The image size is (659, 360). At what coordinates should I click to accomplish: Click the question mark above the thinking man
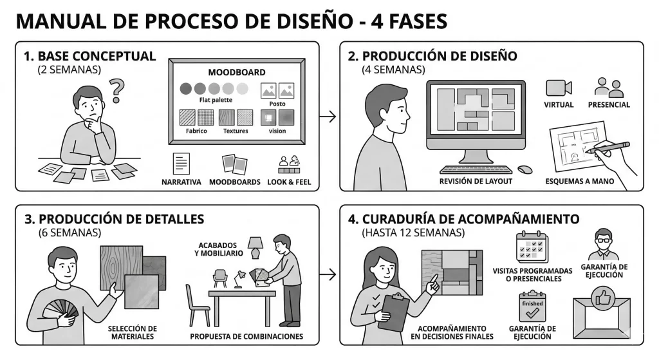[116, 91]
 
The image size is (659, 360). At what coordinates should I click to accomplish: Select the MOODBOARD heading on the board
[236, 73]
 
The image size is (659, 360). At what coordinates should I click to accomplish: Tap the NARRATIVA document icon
[181, 163]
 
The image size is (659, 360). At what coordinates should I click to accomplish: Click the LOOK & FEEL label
[290, 182]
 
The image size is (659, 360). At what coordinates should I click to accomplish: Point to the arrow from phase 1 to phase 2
[328, 117]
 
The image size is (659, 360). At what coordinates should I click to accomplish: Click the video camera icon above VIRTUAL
[558, 88]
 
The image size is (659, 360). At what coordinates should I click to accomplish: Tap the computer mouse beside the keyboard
[524, 170]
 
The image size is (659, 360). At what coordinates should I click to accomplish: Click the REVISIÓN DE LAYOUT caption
[476, 182]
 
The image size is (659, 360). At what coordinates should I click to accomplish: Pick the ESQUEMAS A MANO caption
[579, 182]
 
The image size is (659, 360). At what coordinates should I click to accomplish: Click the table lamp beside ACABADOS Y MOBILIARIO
[255, 246]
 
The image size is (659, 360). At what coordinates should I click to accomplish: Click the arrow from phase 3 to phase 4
[328, 275]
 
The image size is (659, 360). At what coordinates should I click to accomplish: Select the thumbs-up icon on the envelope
[602, 297]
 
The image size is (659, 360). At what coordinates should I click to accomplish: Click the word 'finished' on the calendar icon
[532, 303]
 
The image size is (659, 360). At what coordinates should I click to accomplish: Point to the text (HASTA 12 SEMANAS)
[412, 232]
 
